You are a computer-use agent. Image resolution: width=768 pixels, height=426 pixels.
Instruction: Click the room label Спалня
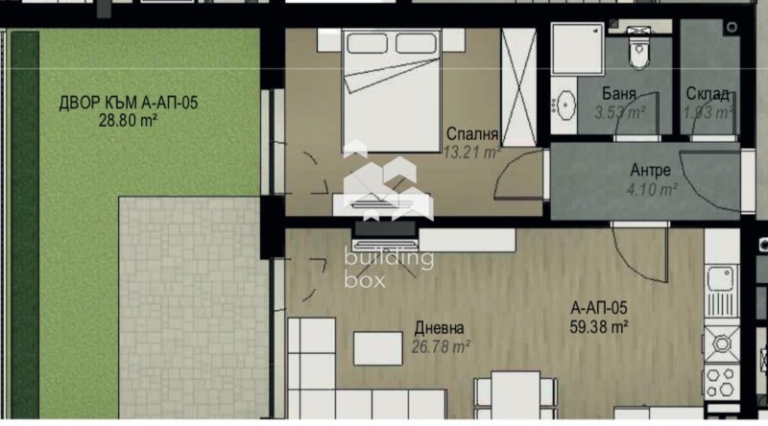(x=471, y=134)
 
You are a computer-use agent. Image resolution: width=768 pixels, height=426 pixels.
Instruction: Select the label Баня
(x=619, y=94)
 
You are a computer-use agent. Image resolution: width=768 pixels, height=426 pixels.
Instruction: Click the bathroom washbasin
(x=565, y=102)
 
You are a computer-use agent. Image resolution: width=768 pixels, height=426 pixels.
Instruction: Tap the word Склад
(x=707, y=94)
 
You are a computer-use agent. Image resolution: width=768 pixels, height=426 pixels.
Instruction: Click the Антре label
(x=650, y=171)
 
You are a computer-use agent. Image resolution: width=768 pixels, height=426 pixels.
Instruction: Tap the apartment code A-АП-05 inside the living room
(x=598, y=308)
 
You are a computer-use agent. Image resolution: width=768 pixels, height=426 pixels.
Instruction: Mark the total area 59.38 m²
(x=598, y=326)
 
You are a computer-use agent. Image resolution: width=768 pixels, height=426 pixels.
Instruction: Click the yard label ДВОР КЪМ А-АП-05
(x=128, y=104)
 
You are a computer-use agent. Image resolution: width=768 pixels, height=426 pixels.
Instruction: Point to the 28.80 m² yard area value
(x=128, y=121)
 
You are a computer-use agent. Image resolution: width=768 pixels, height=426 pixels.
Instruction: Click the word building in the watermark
(x=389, y=257)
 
